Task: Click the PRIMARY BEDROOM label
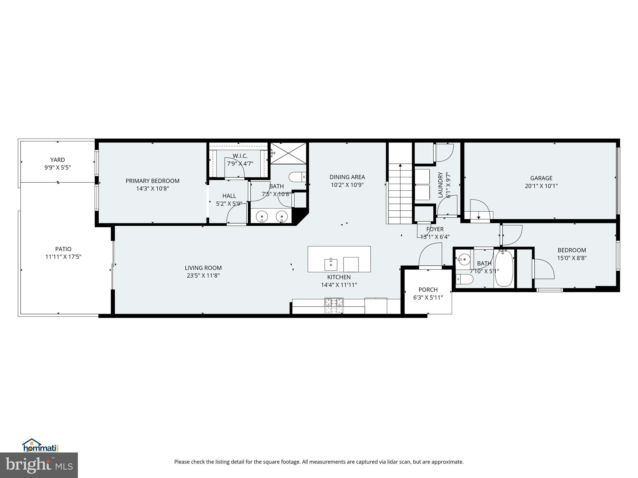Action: pos(152,181)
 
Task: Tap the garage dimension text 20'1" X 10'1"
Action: pos(541,186)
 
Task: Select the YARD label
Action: pos(58,160)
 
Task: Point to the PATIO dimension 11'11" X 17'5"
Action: pos(63,257)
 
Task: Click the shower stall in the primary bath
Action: pos(288,153)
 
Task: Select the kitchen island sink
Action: pos(331,265)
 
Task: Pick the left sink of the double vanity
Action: pos(262,216)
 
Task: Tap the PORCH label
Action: pos(428,290)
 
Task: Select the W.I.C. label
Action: pos(240,156)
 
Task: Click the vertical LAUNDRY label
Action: pos(440,185)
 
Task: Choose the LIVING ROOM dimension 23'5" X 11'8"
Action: pos(203,275)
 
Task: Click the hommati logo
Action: pos(40,445)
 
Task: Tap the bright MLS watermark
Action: pos(39,465)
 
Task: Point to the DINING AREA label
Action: pos(347,177)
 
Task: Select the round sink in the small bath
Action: pos(464,258)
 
